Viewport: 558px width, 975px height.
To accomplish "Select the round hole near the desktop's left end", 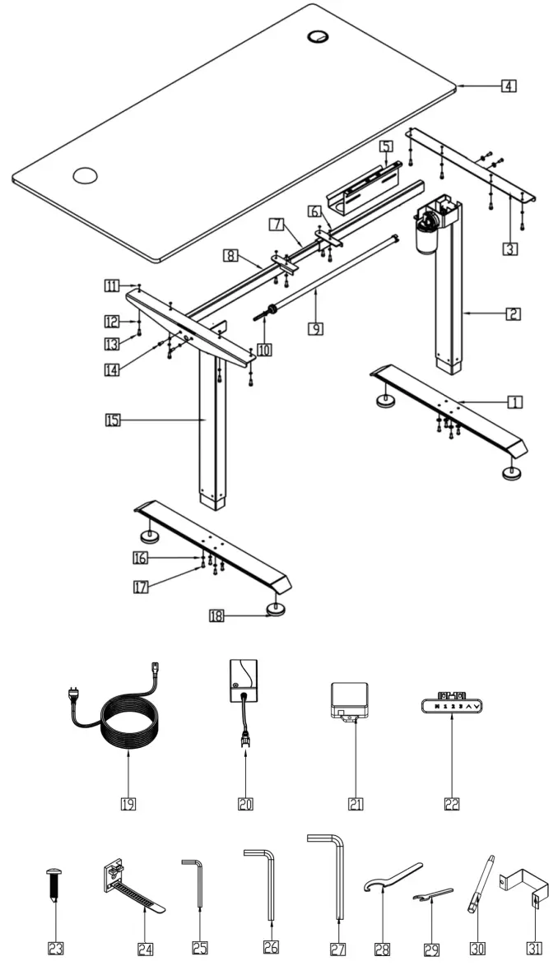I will click(85, 174).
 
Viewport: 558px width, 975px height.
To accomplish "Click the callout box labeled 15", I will click(113, 420).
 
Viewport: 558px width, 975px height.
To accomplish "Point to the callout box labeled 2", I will click(512, 313).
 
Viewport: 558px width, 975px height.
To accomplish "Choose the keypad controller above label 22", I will click(451, 704).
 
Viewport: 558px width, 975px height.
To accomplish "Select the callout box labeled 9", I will click(315, 328).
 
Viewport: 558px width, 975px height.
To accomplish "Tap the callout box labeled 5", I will click(384, 146).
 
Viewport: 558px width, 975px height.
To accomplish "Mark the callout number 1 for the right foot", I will click(514, 402).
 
